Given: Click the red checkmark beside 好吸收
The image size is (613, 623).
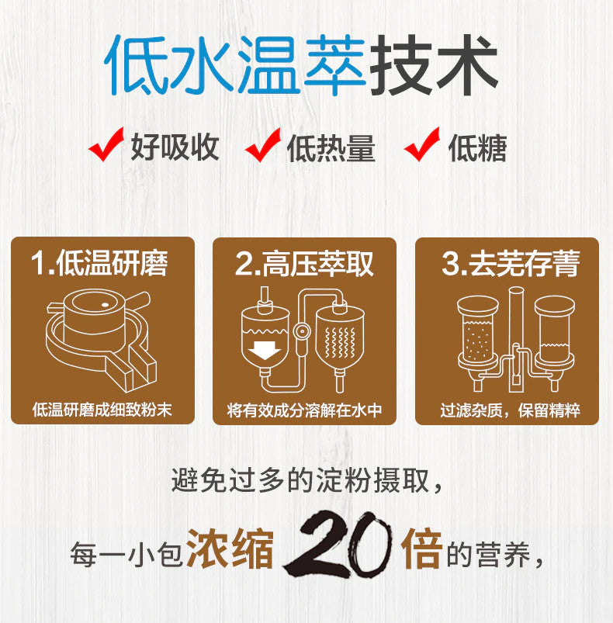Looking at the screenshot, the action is pyautogui.click(x=106, y=144).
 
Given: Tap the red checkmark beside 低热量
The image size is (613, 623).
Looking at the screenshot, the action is pyautogui.click(x=262, y=145).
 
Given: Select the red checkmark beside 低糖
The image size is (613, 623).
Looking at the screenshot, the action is pyautogui.click(x=421, y=144).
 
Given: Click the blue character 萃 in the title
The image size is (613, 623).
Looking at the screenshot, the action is pyautogui.click(x=334, y=65).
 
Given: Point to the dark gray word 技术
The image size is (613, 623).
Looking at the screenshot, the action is pyautogui.click(x=434, y=65).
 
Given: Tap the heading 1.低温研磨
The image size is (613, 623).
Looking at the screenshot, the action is pyautogui.click(x=100, y=264).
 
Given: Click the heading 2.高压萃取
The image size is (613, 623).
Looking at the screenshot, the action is pyautogui.click(x=304, y=264).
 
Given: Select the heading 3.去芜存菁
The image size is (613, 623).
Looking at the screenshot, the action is pyautogui.click(x=511, y=264).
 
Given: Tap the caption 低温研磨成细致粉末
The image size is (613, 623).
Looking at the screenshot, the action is pyautogui.click(x=102, y=410).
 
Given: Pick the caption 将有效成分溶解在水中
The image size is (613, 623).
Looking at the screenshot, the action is pyautogui.click(x=304, y=410).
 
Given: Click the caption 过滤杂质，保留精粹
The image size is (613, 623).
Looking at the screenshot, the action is pyautogui.click(x=510, y=410).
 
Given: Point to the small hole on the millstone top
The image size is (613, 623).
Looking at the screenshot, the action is pyautogui.click(x=106, y=305).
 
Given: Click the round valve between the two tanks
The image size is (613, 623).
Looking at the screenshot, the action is pyautogui.click(x=302, y=331).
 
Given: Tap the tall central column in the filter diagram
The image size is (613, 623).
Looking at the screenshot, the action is pyautogui.click(x=516, y=340).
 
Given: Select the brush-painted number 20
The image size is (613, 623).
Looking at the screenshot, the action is pyautogui.click(x=338, y=545).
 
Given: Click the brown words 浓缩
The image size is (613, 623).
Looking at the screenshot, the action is pyautogui.click(x=230, y=549).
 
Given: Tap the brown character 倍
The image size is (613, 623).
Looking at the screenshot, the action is pyautogui.click(x=422, y=549).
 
